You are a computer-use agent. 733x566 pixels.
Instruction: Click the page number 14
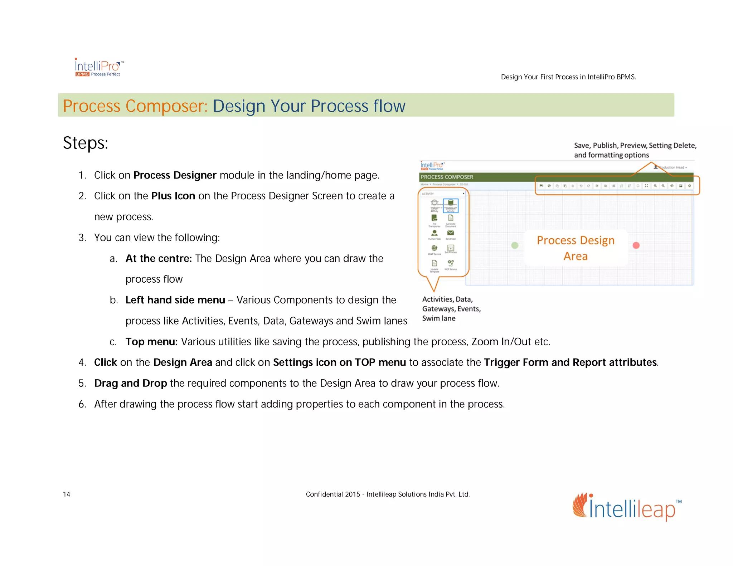coord(67,494)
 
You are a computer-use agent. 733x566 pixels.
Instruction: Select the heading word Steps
coord(85,143)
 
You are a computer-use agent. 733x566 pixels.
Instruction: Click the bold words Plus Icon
coord(173,196)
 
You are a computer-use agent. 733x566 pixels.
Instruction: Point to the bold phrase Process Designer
coord(175,175)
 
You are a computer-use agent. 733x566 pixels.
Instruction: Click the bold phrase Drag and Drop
coord(130,383)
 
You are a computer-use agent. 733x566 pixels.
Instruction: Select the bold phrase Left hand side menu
coord(175,300)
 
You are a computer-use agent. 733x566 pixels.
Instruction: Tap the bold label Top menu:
coord(151,342)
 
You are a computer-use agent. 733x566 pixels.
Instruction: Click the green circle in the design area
coord(515,245)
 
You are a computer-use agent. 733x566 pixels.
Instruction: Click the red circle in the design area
coord(636,245)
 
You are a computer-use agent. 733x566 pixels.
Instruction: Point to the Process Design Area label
coord(576,248)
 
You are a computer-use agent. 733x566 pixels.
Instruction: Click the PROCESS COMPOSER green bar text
coord(447,177)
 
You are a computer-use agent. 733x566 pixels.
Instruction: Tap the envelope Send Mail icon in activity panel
coord(451,233)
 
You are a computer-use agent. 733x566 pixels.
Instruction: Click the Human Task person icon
coord(434,233)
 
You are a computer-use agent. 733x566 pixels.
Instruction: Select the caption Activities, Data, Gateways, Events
coord(451,304)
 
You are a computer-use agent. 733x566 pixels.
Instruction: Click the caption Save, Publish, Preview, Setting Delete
coord(635,146)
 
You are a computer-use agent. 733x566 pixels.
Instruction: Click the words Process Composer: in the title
coord(135,106)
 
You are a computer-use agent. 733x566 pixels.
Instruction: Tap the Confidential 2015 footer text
coord(387,494)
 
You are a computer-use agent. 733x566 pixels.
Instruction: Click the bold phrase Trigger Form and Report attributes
coord(570,362)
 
